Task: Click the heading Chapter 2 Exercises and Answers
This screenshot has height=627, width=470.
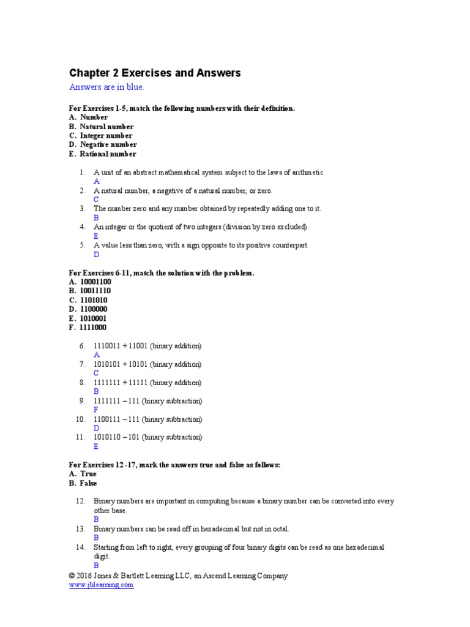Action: coord(155,73)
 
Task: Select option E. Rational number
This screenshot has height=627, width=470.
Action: coord(103,154)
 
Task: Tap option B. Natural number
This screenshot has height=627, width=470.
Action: coord(101,126)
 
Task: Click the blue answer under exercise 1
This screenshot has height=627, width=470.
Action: coord(96,181)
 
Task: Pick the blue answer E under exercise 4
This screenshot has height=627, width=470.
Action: coord(96,236)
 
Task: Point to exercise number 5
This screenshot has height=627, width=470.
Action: coord(82,245)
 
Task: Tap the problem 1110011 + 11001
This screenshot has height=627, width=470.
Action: coord(147,346)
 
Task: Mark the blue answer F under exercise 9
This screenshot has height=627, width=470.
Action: coord(96,410)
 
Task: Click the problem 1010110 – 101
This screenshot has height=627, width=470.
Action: coord(147,437)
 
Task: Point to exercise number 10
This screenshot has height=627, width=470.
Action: coord(80,419)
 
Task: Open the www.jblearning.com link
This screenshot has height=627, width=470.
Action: coord(101,585)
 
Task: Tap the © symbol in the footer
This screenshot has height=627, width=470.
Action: coord(72,576)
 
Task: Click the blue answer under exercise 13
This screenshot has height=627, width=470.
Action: coord(96,538)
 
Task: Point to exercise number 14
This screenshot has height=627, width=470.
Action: coord(80,547)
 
